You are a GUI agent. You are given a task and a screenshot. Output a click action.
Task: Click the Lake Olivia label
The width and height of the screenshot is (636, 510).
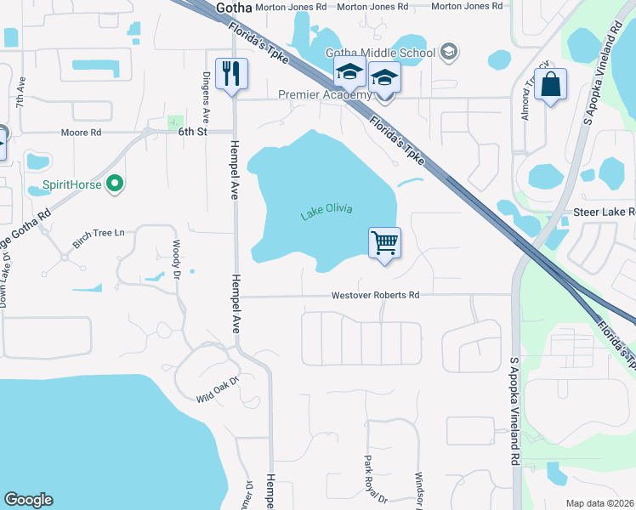click(327, 212)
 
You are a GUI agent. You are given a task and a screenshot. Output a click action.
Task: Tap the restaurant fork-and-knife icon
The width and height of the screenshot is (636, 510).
click(230, 74)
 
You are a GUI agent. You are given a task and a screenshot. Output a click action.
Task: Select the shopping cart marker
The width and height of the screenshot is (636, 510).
click(384, 243)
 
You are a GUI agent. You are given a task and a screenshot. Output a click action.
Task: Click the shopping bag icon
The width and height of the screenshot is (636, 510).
click(551, 83)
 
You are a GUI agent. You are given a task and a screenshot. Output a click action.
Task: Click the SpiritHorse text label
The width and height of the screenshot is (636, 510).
click(72, 184)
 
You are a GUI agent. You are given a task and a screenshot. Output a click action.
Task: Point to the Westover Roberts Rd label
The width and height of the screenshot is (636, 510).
click(376, 295)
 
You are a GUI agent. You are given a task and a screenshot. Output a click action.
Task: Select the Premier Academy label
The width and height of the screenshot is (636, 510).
click(326, 94)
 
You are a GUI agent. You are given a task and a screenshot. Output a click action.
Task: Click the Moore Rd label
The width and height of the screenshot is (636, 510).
click(81, 133)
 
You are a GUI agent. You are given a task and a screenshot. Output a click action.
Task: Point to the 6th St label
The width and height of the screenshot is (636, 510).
click(192, 133)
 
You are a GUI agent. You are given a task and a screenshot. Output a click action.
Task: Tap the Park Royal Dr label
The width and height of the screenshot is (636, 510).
click(369, 481)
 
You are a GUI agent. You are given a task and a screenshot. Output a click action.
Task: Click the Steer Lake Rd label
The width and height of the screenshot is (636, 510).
click(605, 211)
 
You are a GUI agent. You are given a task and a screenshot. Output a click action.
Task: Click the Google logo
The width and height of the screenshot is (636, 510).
click(29, 500)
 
